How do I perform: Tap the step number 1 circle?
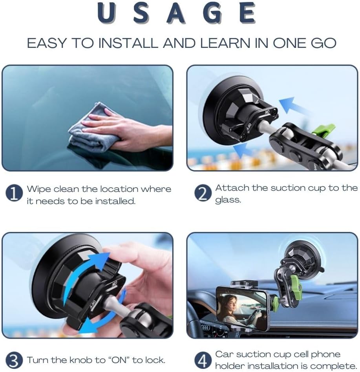(x=14, y=194)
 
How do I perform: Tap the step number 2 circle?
(x=203, y=193)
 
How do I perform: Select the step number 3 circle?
(x=14, y=360)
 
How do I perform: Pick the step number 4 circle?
(x=203, y=360)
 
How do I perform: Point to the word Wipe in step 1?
(x=38, y=189)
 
